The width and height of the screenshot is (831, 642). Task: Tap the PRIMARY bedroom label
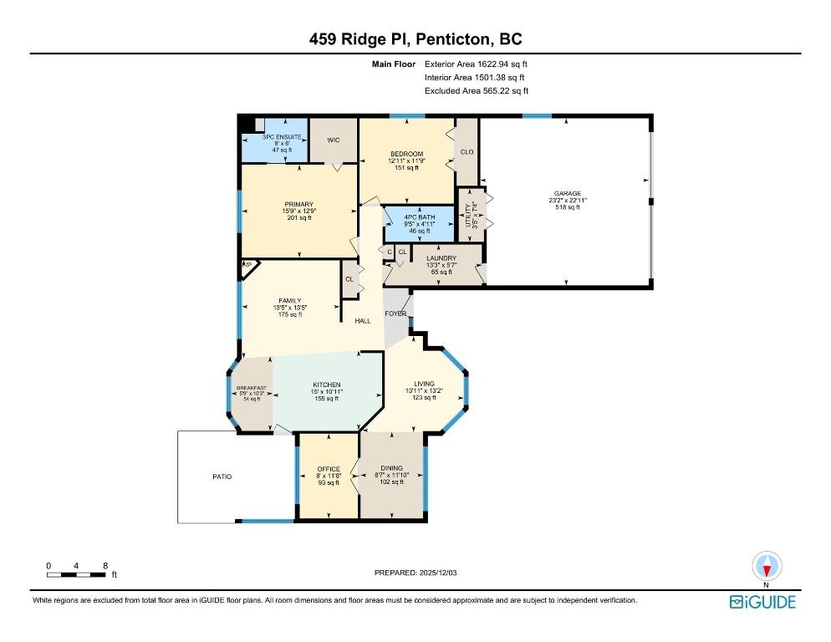[298, 205]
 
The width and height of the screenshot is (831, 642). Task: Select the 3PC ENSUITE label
[275, 136]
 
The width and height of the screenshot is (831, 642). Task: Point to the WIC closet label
[332, 140]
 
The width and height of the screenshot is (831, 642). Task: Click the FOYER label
[395, 313]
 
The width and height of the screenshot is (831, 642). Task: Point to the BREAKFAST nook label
[252, 388]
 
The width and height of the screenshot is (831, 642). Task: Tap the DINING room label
[391, 468]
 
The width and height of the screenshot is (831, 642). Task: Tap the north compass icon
[767, 568]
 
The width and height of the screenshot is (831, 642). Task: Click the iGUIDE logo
[762, 602]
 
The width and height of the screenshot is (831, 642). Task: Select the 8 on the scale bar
[105, 566]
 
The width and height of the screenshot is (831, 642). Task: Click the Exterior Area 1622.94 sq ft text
[477, 64]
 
